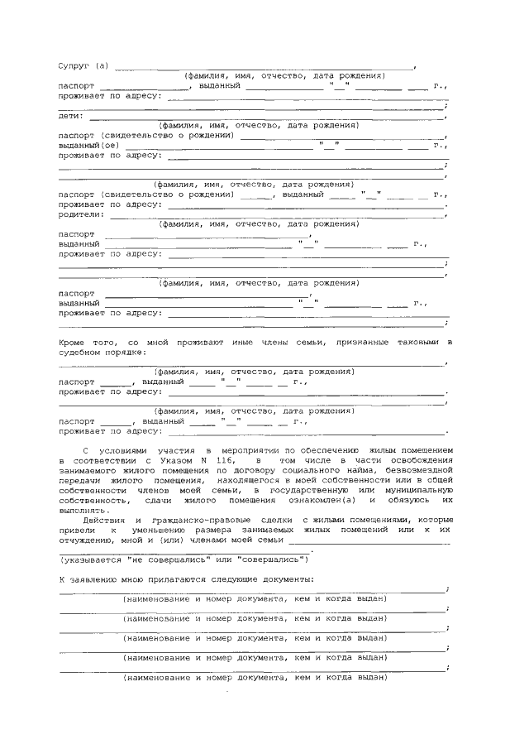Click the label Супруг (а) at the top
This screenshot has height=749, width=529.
pyautogui.click(x=83, y=65)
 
